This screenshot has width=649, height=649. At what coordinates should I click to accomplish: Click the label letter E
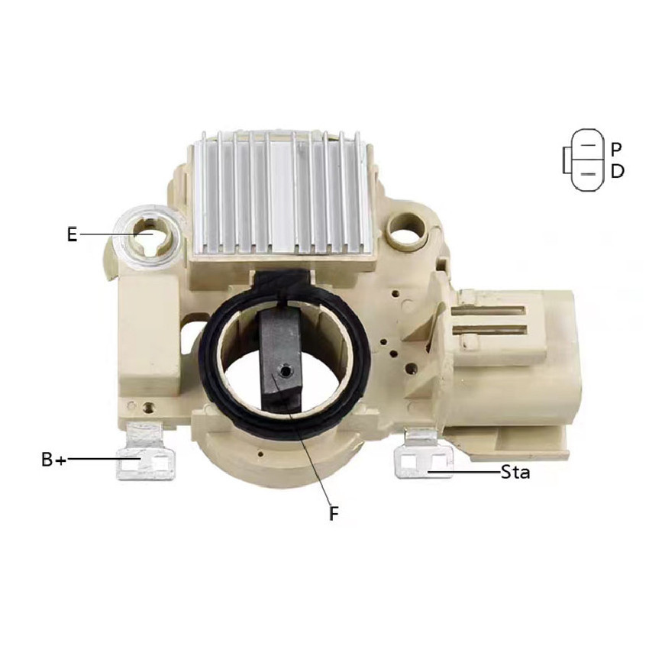pos(73,234)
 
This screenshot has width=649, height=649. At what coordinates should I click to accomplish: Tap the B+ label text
pos(53,460)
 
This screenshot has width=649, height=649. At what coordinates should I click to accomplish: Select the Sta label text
pos(515,472)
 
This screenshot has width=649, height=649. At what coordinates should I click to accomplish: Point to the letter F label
pos(334,514)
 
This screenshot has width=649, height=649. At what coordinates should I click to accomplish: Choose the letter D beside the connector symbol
pos(617,171)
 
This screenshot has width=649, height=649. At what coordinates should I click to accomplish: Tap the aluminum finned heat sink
pos(282,194)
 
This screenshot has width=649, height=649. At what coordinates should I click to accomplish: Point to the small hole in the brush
pos(285,372)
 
